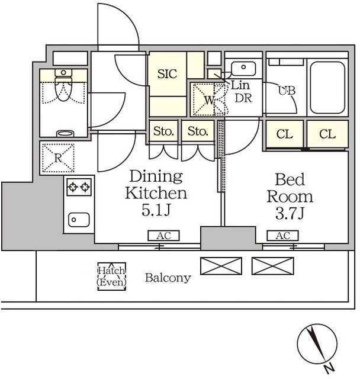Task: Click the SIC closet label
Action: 167,73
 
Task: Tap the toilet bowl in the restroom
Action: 63,85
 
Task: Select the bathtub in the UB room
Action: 327,88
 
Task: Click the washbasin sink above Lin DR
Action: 243,69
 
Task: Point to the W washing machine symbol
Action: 209,99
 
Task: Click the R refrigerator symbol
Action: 58,158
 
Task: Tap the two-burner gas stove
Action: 79,187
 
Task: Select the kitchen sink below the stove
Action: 79,220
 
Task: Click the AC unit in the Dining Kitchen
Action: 164,236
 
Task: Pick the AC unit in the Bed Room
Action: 282,236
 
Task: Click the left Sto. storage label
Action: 163,131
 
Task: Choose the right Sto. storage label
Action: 198,131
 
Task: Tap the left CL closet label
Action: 285,134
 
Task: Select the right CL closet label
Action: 327,134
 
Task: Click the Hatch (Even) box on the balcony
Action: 112,277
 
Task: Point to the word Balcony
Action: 168,278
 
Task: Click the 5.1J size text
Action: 156,210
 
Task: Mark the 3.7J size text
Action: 290,213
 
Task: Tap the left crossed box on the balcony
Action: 221,266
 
